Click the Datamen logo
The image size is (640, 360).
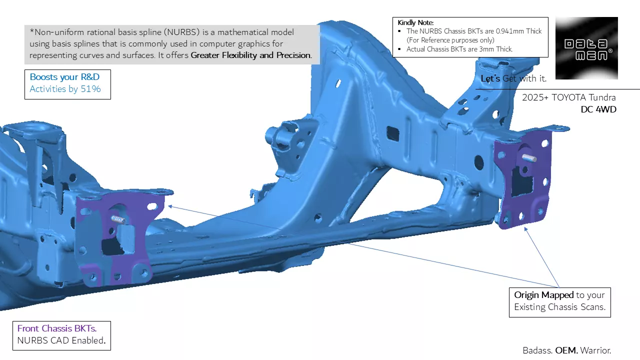(x=586, y=48)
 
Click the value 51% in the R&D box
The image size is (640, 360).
(x=90, y=89)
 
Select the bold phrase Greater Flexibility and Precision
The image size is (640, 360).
(x=251, y=55)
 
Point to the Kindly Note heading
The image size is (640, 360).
(x=415, y=22)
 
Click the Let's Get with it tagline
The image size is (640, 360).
(x=513, y=78)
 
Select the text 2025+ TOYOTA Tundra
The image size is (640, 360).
(x=569, y=97)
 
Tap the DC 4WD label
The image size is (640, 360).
(x=598, y=109)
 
